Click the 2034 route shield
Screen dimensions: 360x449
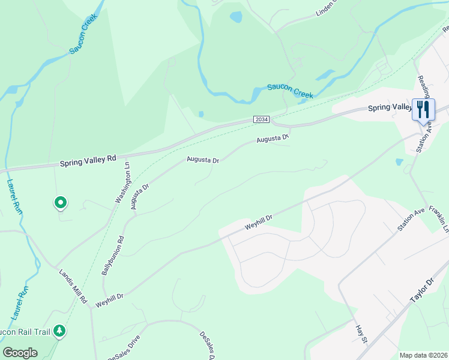(261, 120)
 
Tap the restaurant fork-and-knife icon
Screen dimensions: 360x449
(424, 110)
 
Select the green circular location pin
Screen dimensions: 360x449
(60, 203)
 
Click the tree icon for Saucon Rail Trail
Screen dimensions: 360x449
(59, 331)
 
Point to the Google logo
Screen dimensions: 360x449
(20, 353)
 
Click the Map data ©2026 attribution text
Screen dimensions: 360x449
(423, 355)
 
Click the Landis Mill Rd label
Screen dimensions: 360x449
(73, 286)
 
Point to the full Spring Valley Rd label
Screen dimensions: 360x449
(88, 161)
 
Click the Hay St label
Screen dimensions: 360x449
(360, 334)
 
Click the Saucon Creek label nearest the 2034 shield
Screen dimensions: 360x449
(291, 91)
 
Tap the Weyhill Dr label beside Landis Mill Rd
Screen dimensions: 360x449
(109, 296)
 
